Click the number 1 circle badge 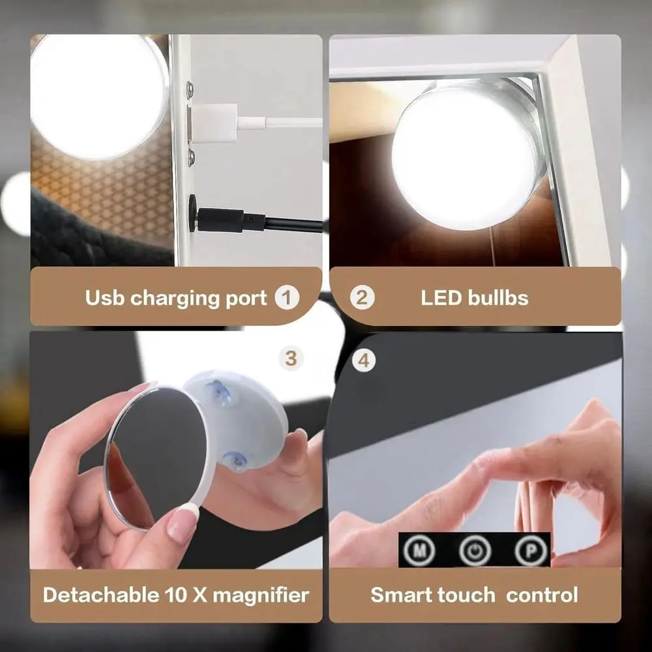pos(287,299)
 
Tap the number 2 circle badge pos(363,299)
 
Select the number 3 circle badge pos(291,358)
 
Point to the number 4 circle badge pos(364,359)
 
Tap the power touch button pos(474,550)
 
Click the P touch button pos(529,550)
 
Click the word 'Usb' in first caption pos(105,299)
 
